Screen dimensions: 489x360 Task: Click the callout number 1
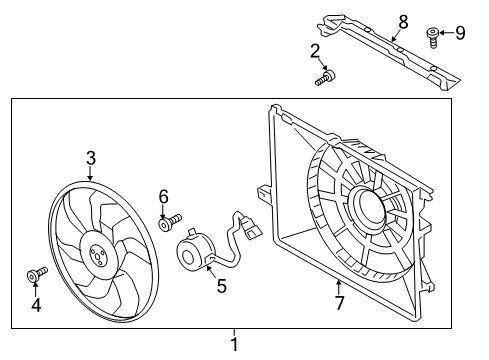point(235,344)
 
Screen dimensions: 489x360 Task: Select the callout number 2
point(315,52)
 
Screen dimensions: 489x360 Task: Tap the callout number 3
point(91,158)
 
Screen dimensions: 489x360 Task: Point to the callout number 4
point(36,305)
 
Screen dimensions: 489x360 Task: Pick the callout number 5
point(222,286)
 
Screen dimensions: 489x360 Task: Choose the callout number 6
point(163,197)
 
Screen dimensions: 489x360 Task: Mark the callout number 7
point(339,303)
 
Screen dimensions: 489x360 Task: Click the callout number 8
point(403,23)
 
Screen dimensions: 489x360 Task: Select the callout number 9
point(460,33)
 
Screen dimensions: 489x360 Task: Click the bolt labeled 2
point(325,78)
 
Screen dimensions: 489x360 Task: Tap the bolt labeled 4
point(37,274)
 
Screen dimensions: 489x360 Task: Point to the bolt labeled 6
point(170,222)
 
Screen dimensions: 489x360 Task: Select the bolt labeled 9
point(432,38)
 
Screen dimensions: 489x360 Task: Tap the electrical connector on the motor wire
point(251,229)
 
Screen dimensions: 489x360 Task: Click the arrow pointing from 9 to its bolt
point(447,33)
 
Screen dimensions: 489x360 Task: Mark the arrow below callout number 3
point(91,173)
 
